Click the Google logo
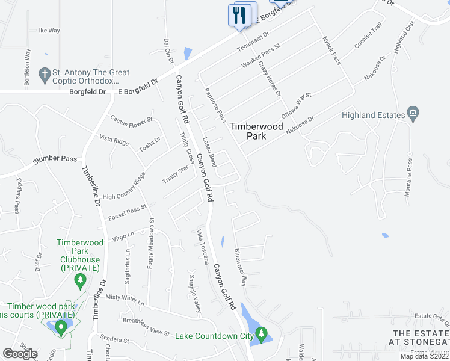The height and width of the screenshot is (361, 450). tap(20, 354)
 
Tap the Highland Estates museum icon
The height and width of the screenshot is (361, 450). tap(413, 114)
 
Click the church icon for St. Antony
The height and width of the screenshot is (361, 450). tap(43, 75)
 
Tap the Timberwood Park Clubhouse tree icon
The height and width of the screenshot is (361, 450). tap(79, 280)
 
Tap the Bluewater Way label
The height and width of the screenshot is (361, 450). tap(241, 267)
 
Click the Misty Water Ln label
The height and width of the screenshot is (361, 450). tap(126, 298)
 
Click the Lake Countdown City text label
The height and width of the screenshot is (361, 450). tap(214, 335)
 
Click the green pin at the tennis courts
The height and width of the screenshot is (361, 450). tap(60, 328)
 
